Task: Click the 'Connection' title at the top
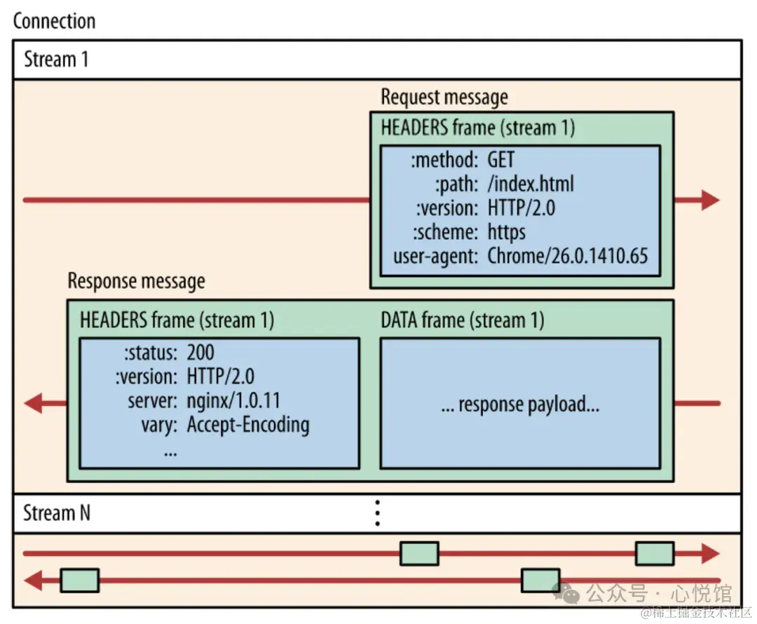[54, 20]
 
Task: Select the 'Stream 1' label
[56, 59]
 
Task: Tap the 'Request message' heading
[444, 97]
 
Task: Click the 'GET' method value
[501, 160]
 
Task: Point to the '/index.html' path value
[531, 184]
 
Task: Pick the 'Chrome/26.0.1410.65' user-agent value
[568, 255]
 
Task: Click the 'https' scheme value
[506, 231]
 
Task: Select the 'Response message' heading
[136, 281]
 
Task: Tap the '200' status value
[200, 353]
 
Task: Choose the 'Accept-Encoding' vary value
[247, 424]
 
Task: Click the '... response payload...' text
[520, 404]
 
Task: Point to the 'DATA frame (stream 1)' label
[463, 320]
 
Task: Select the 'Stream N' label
[57, 513]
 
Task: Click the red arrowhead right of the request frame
[709, 200]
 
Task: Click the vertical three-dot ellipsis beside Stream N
[377, 513]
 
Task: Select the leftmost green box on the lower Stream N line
[79, 580]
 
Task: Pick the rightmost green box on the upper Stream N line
[655, 553]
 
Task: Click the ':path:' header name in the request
[456, 184]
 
